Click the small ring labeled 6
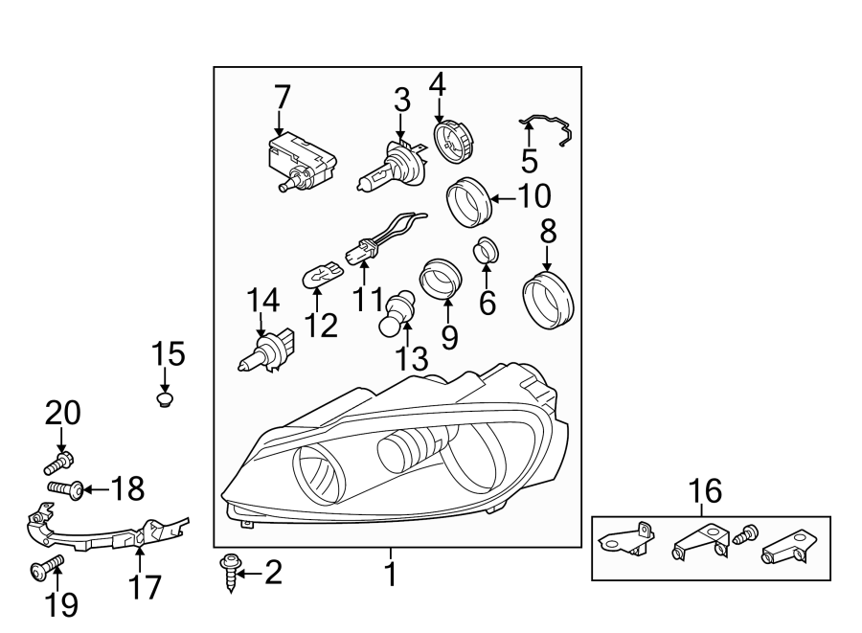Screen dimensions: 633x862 (x=488, y=252)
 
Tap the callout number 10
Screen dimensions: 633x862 (x=534, y=196)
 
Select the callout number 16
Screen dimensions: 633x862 (x=705, y=492)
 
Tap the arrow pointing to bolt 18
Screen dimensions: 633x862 (x=97, y=490)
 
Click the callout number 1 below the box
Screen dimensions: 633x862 (x=391, y=575)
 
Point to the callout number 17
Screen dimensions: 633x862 (x=146, y=585)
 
